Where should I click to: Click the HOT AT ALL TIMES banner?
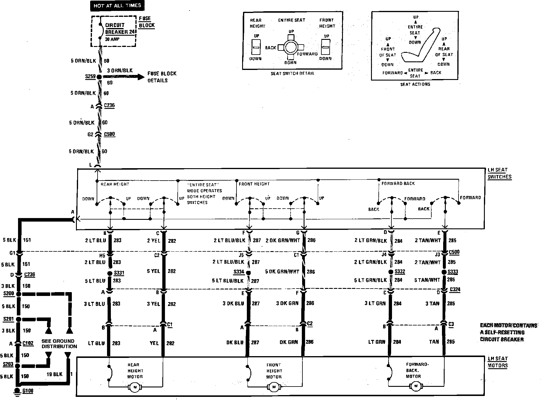tap(117, 6)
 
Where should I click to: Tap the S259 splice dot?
tap(99, 77)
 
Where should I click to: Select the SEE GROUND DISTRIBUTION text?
tap(59, 343)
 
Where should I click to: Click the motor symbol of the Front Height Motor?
tap(274, 387)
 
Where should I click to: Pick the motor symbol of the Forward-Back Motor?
tap(416, 386)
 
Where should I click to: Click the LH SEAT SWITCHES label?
tap(499, 173)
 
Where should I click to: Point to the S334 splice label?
tap(239, 272)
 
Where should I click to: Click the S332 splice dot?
tap(392, 272)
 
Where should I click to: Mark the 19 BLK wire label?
tap(55, 374)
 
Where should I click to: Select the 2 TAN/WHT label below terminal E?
tap(427, 240)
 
